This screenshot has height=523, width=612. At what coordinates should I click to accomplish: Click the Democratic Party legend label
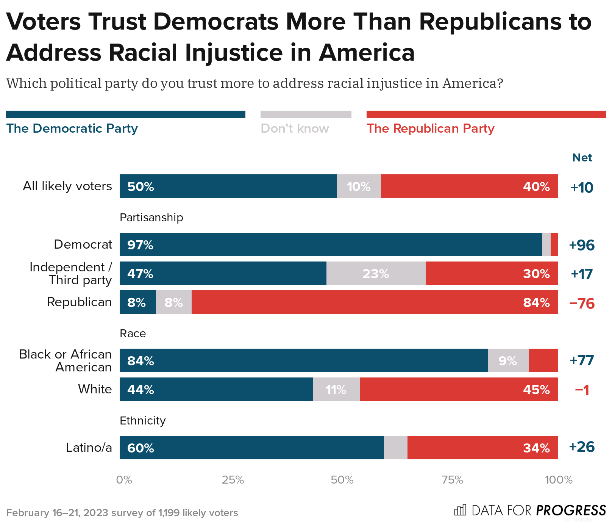pos(72,128)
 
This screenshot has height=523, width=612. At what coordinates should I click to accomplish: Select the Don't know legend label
pos(295,128)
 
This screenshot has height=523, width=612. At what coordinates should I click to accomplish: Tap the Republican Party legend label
pos(430,128)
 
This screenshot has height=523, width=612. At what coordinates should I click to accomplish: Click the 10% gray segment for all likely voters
pos(359,186)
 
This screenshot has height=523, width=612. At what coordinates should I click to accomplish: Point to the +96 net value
pos(582,245)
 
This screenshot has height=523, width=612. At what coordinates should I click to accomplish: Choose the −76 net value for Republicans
pos(582,304)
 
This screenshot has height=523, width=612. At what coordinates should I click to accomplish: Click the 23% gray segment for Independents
pos(376,274)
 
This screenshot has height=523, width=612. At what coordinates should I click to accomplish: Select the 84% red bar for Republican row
pos(374,302)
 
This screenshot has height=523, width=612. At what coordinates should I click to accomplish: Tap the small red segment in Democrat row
pos(554,245)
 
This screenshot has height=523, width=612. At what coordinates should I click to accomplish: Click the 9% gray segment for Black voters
pos(508,361)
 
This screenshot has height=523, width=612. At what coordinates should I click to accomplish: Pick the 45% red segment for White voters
pos(458,390)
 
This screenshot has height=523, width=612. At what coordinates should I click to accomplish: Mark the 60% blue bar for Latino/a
pos(251,448)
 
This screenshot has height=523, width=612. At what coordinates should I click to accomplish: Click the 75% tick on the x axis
pos(453,480)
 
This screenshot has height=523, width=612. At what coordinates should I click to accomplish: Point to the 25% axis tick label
pos(233,480)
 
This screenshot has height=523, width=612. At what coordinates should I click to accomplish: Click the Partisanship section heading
pos(151,218)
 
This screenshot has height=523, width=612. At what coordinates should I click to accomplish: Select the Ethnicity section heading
pos(142,421)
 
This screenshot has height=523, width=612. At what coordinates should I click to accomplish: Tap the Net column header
pos(582,158)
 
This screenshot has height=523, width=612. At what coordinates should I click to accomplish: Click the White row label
pos(95,389)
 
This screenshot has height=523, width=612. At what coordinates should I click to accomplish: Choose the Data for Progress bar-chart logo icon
pos(460,510)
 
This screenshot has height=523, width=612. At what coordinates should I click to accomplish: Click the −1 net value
pos(582,390)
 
